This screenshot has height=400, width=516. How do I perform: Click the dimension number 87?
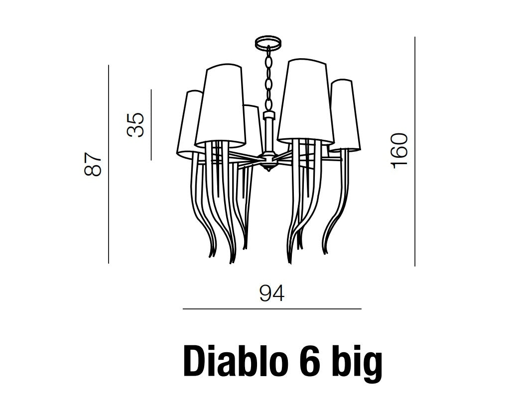click(x=93, y=164)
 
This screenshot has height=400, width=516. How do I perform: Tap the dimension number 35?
click(x=135, y=125)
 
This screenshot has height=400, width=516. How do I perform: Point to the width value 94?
click(x=272, y=294)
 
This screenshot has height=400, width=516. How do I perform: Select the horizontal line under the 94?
click(x=272, y=309)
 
